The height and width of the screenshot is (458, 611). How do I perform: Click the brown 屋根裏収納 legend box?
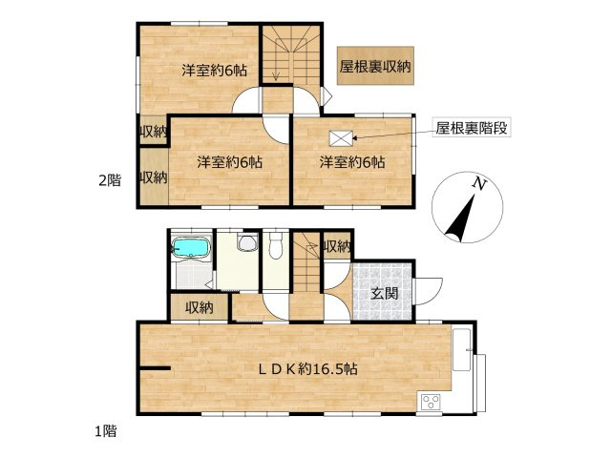[x=375, y=67]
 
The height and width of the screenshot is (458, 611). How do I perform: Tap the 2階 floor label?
[x=112, y=179]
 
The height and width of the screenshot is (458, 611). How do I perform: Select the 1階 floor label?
[x=105, y=431]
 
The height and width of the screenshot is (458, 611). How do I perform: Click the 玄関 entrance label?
[x=385, y=293]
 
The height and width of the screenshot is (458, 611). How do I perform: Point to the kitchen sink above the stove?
[x=462, y=349]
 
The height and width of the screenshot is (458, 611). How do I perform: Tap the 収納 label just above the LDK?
[x=200, y=307]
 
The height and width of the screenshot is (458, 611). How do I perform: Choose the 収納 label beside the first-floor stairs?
[x=336, y=246]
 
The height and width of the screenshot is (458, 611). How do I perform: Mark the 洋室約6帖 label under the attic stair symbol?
[x=352, y=162]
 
